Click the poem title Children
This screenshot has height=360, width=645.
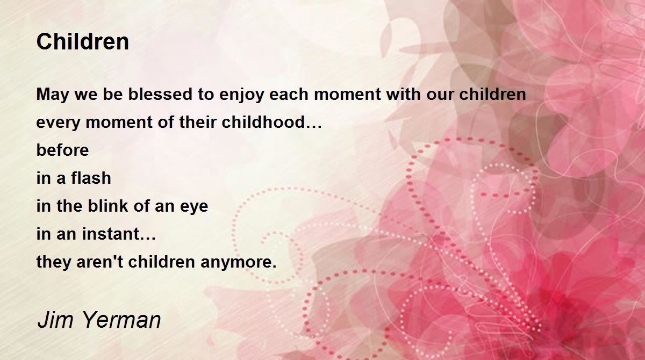click(x=83, y=42)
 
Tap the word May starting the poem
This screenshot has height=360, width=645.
click(x=53, y=95)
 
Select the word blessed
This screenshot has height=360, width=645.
click(x=160, y=94)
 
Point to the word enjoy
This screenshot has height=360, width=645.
click(x=241, y=95)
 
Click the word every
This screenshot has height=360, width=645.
click(x=58, y=123)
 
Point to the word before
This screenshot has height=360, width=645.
click(x=62, y=149)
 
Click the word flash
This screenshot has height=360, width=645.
click(x=91, y=177)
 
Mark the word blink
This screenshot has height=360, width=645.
click(x=107, y=205)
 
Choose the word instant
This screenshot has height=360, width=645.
click(x=111, y=233)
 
